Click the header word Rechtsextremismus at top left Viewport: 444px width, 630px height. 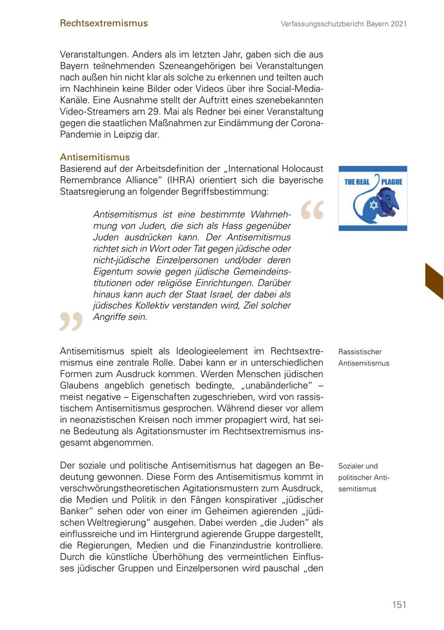tap(104, 23)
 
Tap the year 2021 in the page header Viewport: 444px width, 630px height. tap(398, 24)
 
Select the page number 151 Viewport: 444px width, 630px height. tap(399, 605)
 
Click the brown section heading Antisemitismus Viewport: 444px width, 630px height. tap(95, 157)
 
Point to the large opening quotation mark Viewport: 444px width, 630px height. tap(312, 210)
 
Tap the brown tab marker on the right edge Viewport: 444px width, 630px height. tap(434, 280)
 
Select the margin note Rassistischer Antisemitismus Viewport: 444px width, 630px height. tap(364, 357)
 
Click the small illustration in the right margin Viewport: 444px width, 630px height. tap(372, 198)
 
